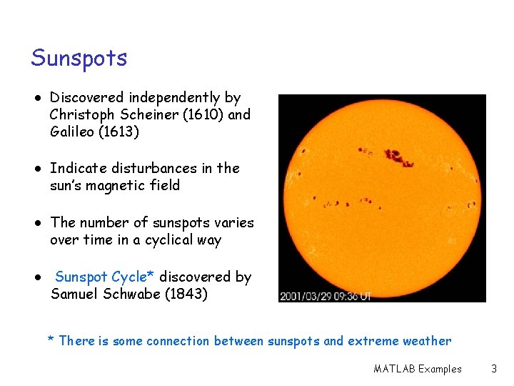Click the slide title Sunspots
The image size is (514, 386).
[x=79, y=58]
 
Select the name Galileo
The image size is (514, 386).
[x=73, y=132]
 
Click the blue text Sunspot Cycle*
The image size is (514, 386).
[x=106, y=277]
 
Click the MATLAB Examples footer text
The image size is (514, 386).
[x=417, y=369]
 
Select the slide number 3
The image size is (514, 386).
[x=493, y=369]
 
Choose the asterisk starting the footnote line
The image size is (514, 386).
[x=51, y=340]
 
